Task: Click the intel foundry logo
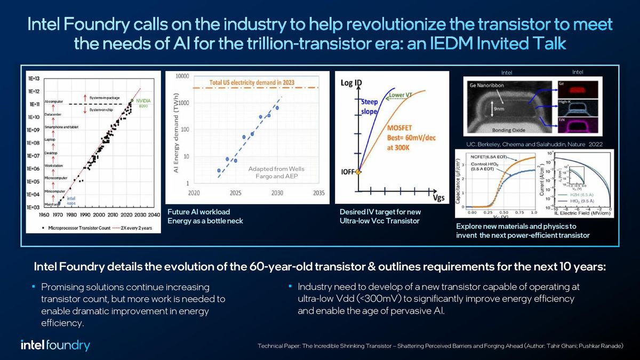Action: pyautogui.click(x=55, y=345)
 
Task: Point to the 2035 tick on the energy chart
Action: pyautogui.click(x=319, y=193)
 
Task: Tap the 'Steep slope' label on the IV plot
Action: pyautogui.click(x=369, y=107)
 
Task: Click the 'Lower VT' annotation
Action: pyautogui.click(x=401, y=95)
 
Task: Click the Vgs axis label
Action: pyautogui.click(x=437, y=198)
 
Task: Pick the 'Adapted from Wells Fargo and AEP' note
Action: pyautogui.click(x=276, y=173)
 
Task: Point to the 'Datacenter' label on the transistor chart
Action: pyautogui.click(x=54, y=114)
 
